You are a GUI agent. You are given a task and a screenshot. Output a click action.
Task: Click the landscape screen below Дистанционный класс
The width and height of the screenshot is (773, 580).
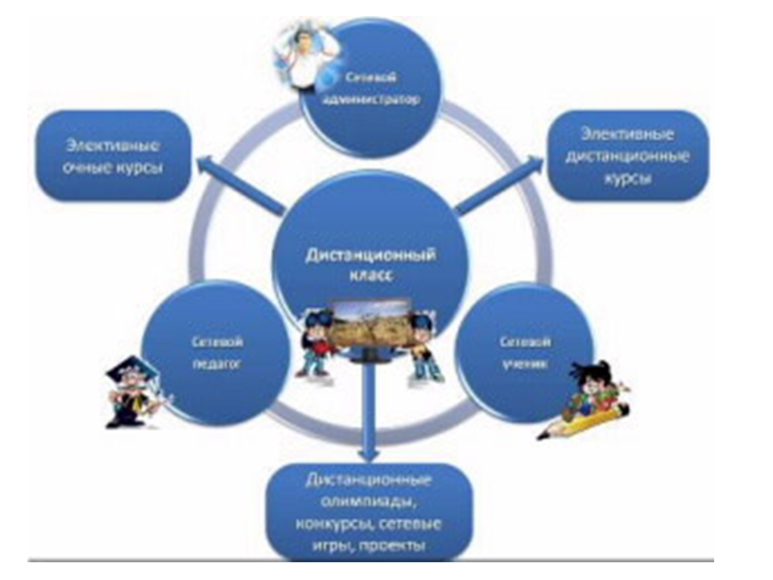pyautogui.click(x=371, y=326)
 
